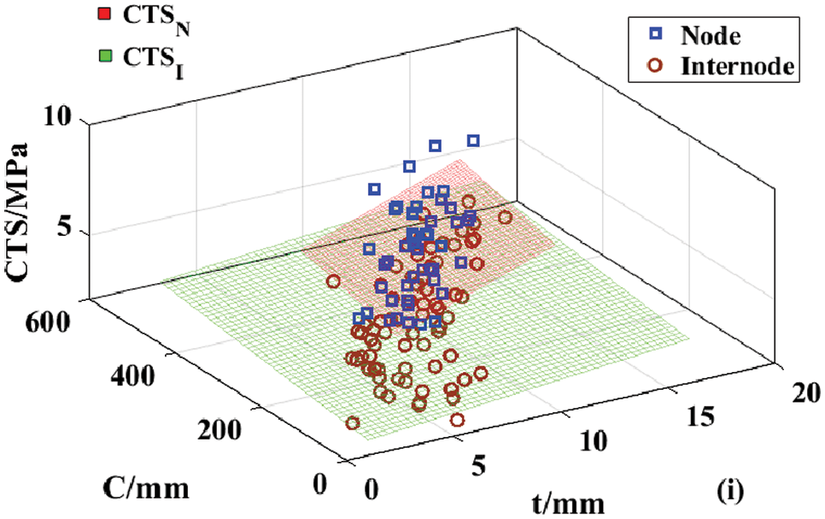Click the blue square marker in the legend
click(x=656, y=35)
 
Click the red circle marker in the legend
click(x=656, y=64)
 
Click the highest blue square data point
click(x=473, y=140)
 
